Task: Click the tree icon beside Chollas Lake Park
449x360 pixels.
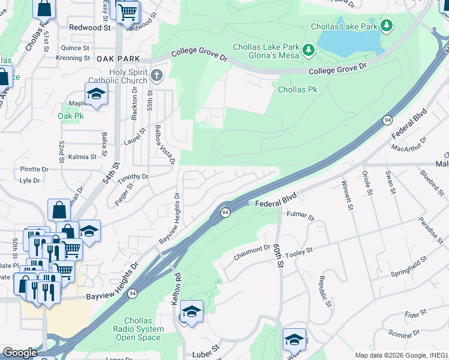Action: (x=388, y=25)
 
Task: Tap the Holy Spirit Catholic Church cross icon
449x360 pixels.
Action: (x=157, y=75)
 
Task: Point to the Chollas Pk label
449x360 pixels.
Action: (x=297, y=89)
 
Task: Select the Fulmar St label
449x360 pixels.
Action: (x=300, y=214)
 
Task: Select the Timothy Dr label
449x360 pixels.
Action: (x=133, y=177)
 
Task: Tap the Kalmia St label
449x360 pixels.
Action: (x=82, y=157)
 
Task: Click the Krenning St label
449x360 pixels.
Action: (x=73, y=58)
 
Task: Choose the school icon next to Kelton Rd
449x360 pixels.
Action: (x=191, y=311)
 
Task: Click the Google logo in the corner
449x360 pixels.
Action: (x=20, y=353)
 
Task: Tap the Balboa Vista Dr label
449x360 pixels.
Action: (x=164, y=144)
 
